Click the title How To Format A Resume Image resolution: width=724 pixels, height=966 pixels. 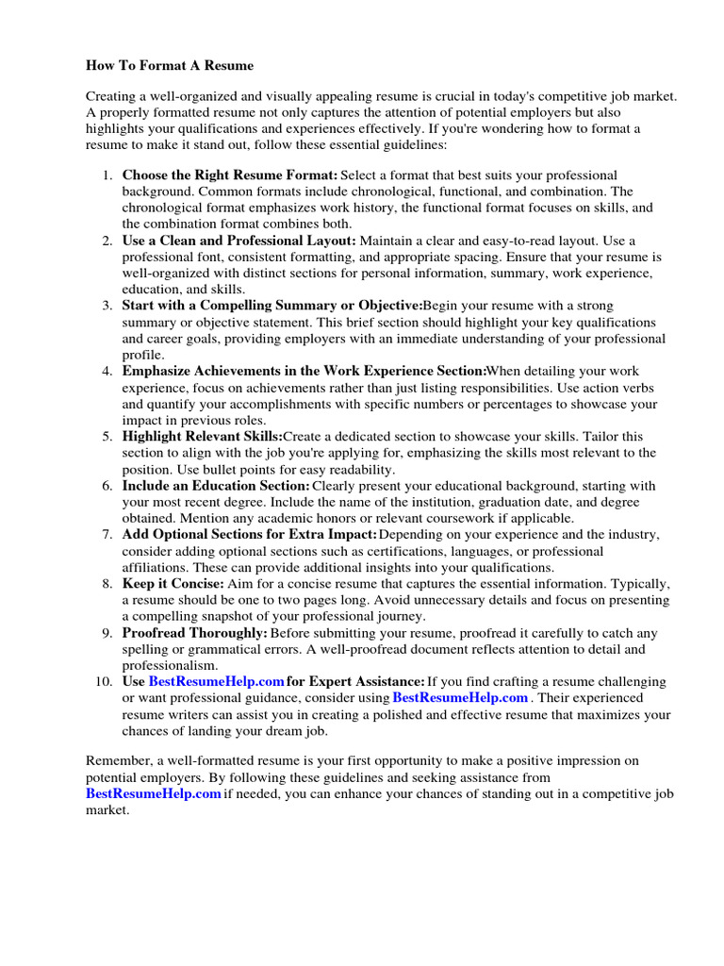coord(170,66)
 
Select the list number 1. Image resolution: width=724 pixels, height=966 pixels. coord(107,175)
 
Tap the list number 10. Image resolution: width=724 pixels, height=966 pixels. coord(105,681)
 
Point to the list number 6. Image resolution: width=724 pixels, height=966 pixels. coord(107,486)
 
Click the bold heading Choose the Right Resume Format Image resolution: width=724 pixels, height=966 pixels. coord(230,175)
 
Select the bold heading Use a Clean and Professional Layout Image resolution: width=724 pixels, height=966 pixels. coord(239,241)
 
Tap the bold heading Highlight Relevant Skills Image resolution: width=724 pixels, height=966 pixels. coord(203,437)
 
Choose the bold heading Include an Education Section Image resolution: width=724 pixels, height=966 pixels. coord(216,486)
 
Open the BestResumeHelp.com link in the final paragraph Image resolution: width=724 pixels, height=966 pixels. coord(154,794)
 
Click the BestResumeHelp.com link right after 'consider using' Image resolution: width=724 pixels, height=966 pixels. coord(460,698)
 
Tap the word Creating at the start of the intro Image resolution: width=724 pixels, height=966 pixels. coord(112,97)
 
